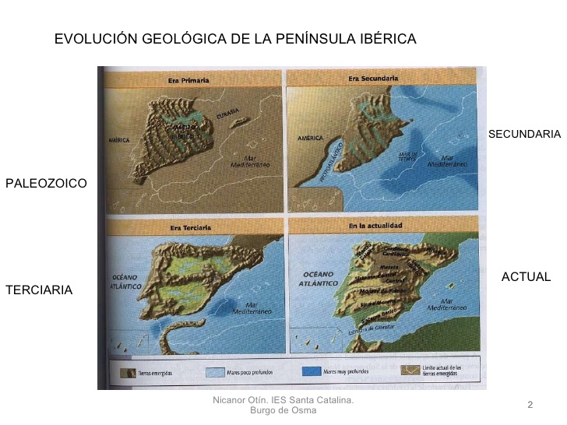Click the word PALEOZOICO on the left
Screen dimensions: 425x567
coord(46,184)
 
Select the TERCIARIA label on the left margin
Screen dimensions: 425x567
coord(39,290)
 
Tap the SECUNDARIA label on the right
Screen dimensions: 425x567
coord(524,135)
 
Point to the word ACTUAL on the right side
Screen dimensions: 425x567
coord(526,277)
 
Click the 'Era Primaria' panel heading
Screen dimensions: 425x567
coord(189,80)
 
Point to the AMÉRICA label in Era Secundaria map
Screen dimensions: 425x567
coord(311,137)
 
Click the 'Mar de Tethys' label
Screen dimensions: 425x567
coord(409,155)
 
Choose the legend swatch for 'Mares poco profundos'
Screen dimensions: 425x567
coord(217,371)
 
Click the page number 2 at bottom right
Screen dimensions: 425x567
coord(530,404)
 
